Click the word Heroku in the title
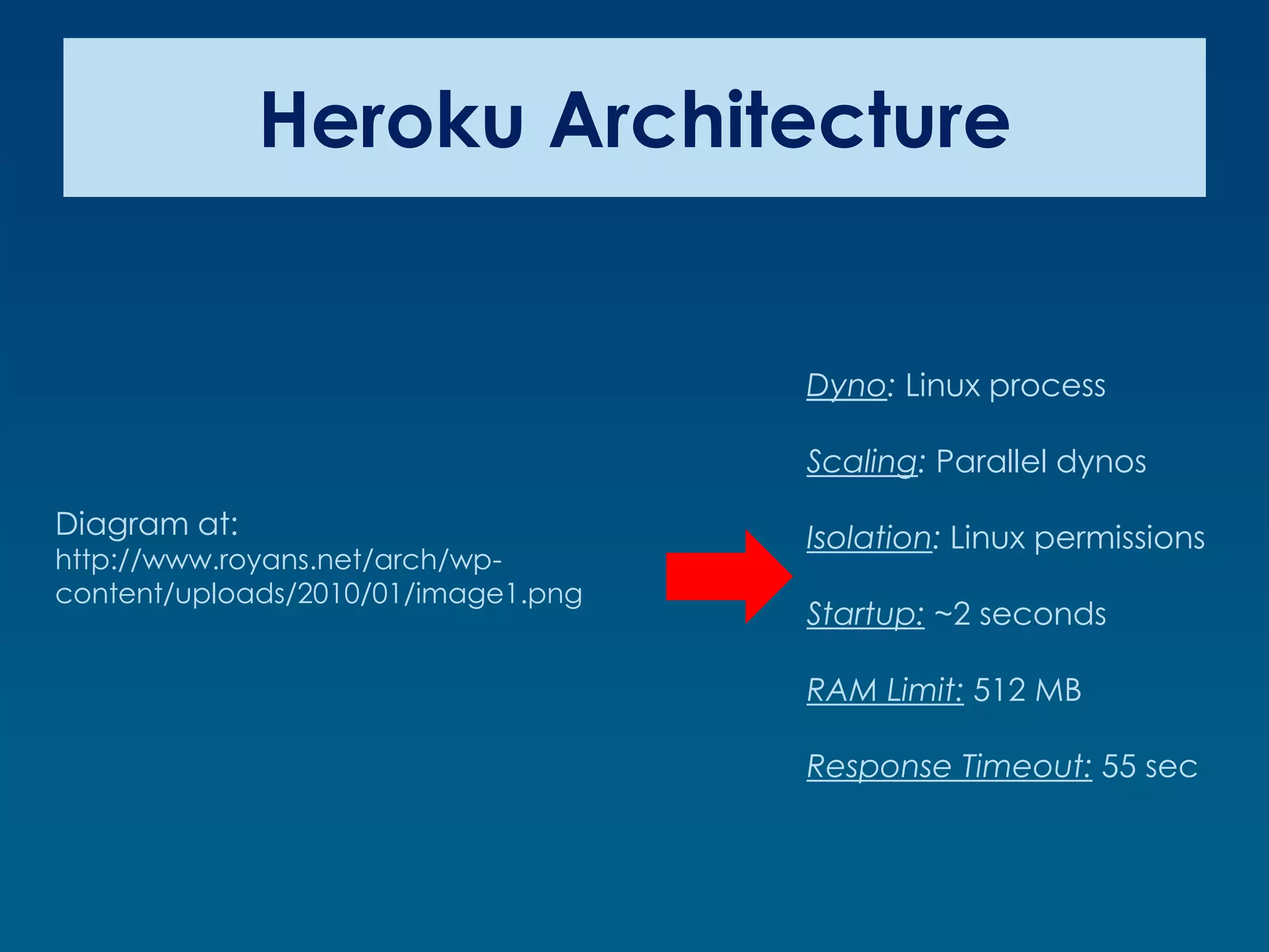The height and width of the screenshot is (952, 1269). [392, 120]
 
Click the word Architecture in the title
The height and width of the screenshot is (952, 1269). [779, 120]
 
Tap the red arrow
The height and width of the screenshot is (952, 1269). [729, 576]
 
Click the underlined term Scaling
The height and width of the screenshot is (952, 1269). [861, 462]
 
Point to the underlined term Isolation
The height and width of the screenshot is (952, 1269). [869, 538]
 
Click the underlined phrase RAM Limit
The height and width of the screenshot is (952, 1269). [885, 690]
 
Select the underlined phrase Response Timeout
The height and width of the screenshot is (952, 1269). [949, 767]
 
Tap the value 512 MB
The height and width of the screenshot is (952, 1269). [1027, 690]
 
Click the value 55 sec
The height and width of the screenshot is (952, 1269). [1149, 767]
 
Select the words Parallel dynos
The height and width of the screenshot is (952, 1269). [1041, 462]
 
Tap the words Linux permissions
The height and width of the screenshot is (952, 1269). [1078, 538]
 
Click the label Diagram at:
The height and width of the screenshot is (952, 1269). [147, 524]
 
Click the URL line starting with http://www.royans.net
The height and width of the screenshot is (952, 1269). [278, 560]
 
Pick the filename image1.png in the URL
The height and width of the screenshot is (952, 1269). [499, 594]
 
